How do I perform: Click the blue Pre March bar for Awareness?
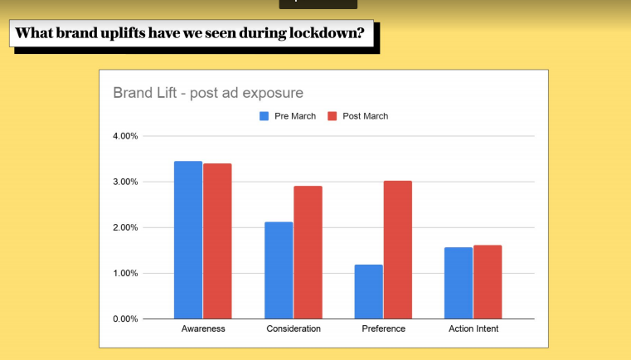(188, 240)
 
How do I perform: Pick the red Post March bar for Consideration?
(308, 252)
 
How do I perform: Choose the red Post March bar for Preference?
(398, 250)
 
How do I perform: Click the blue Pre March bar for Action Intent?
(459, 283)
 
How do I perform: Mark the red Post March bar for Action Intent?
(488, 282)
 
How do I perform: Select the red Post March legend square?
(333, 116)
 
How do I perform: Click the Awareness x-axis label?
(203, 329)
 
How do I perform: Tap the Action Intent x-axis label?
(473, 329)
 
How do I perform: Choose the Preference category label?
(383, 329)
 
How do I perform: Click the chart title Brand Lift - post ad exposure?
(208, 92)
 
